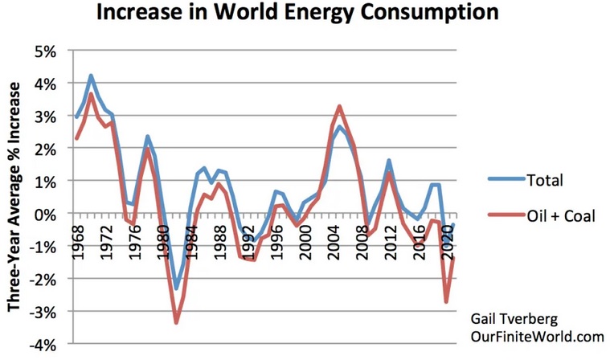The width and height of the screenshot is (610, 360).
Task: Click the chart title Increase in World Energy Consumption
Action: click(x=297, y=14)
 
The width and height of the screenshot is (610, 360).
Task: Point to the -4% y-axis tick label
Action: click(x=41, y=345)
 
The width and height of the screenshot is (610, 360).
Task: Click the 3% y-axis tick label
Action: click(x=43, y=117)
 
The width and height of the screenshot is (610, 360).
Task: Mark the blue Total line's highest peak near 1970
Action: click(x=92, y=76)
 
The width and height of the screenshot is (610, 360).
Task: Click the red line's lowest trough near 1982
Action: click(x=176, y=323)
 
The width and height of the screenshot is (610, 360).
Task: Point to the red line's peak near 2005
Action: click(x=340, y=106)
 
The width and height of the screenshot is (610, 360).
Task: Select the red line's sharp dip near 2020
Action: click(x=446, y=302)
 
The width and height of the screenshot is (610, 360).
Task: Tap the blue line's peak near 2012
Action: click(x=389, y=162)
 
